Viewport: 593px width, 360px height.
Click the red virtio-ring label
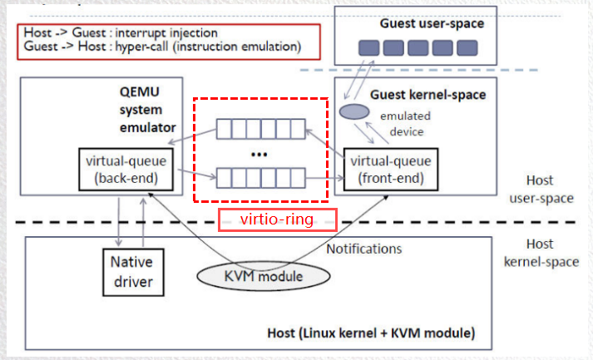[x=277, y=219]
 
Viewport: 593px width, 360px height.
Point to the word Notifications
[x=363, y=249]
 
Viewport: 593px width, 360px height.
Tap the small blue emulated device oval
[x=354, y=111]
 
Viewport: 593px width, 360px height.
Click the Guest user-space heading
[x=432, y=23]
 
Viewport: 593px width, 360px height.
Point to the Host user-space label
[x=550, y=190]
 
